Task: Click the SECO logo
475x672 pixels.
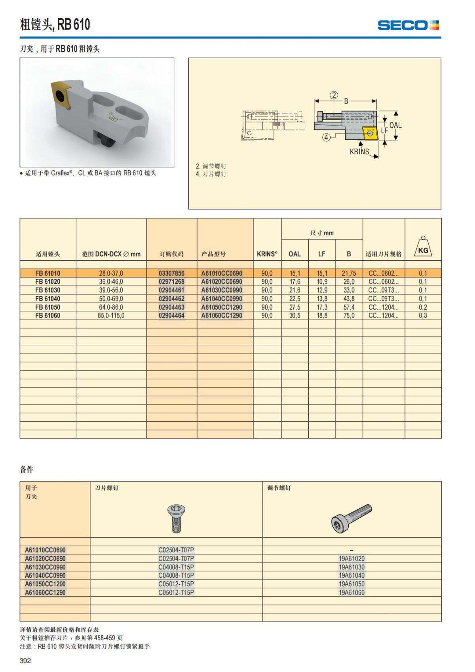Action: pyautogui.click(x=408, y=25)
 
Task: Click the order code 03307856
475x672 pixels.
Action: pyautogui.click(x=171, y=273)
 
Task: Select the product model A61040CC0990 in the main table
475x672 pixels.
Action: pyautogui.click(x=221, y=299)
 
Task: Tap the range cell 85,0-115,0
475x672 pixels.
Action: pyautogui.click(x=111, y=316)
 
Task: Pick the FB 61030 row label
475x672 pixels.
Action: pyautogui.click(x=47, y=290)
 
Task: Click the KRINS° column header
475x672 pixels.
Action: pyautogui.click(x=267, y=254)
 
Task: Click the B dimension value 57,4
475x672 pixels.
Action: pyautogui.click(x=349, y=307)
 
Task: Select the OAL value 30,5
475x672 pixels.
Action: pyautogui.click(x=294, y=316)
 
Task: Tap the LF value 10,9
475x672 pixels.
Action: pyautogui.click(x=322, y=282)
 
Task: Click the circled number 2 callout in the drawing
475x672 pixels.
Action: pyautogui.click(x=334, y=95)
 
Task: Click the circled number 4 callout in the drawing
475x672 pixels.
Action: pyautogui.click(x=326, y=137)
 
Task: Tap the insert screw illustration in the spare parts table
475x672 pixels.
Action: pyautogui.click(x=176, y=518)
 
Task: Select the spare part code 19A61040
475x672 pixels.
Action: pyautogui.click(x=351, y=575)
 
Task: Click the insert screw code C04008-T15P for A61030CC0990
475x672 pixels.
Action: pyautogui.click(x=176, y=567)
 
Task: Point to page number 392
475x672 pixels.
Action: pyautogui.click(x=25, y=661)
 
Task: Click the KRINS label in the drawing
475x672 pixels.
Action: pyautogui.click(x=359, y=152)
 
